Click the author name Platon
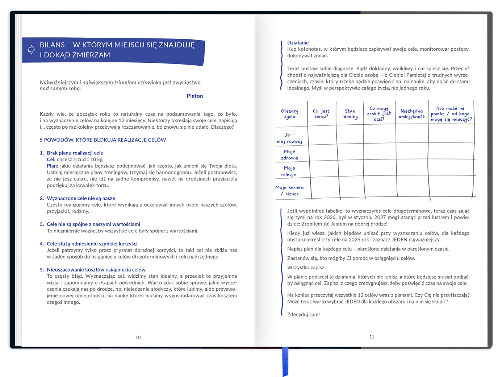[x=194, y=96]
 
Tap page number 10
[x=138, y=337]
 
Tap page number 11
[x=372, y=337]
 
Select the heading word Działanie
[x=298, y=43]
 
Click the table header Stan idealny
[x=350, y=114]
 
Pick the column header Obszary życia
[x=289, y=114]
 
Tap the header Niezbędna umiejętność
[x=411, y=114]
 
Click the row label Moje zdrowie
[x=289, y=155]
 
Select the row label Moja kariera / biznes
[x=289, y=191]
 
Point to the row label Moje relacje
[x=289, y=171]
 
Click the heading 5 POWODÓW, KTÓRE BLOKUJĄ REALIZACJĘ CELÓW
[x=103, y=140]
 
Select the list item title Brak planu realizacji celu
[x=75, y=153]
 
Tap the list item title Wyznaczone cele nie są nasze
[x=81, y=198]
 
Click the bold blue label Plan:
[x=52, y=166]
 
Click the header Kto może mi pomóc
[x=451, y=114]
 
